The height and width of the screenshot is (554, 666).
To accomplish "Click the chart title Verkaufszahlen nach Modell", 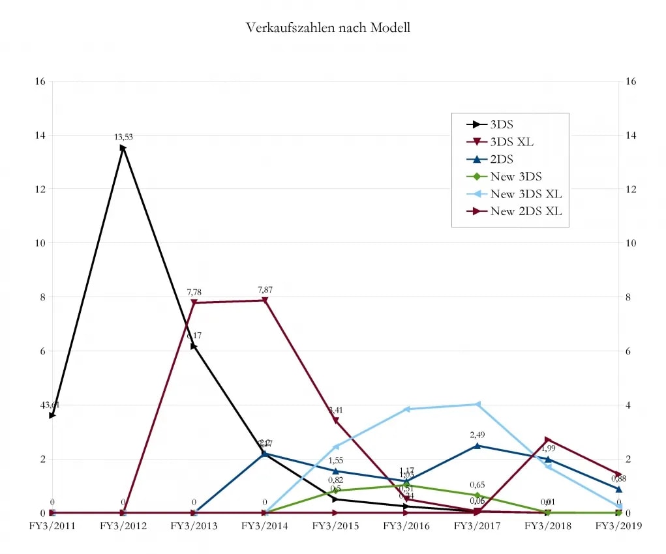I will point(328,27).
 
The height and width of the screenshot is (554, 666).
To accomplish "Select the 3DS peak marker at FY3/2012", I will point(123,148).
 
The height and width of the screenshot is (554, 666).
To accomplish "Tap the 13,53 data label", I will point(123,137).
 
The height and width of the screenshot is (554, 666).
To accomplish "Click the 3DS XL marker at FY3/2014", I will point(265,300).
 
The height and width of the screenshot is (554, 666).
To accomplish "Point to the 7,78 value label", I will point(194,292).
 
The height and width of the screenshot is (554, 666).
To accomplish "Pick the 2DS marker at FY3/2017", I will point(477,446).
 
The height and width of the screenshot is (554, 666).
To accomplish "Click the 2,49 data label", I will point(478,435).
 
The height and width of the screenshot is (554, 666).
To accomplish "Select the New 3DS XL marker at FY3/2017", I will point(477,404).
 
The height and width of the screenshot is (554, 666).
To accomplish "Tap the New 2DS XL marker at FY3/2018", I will point(548,440).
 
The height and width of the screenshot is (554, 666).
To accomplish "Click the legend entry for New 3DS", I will point(516,176).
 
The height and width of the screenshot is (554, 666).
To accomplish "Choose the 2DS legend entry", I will point(502,159).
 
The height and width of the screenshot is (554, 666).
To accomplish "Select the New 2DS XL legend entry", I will point(526,211).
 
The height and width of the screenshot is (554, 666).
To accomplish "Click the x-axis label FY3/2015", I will point(335,526).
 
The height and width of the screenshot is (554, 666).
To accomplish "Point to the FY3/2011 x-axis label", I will point(52,526).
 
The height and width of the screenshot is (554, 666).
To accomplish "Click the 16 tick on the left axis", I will point(40,81).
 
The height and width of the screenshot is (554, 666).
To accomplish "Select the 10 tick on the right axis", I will point(630,243).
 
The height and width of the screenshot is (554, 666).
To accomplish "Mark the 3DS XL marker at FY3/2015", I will point(336,421).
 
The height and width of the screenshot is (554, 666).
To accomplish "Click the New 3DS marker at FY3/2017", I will point(477,495).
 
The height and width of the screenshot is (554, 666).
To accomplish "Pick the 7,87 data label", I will point(265,289).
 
